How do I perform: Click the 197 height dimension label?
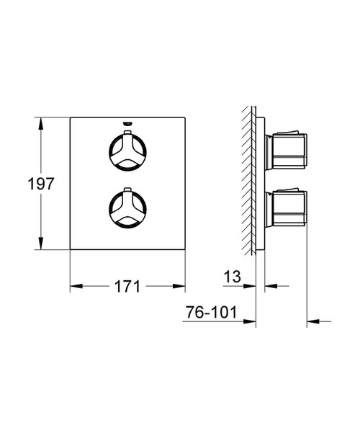click(x=41, y=184)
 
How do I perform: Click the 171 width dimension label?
click(x=127, y=286)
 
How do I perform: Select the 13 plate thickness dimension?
click(x=232, y=277)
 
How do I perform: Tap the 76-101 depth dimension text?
click(x=211, y=312)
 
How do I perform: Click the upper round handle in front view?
click(x=127, y=151)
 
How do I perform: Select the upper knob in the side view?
click(x=286, y=151)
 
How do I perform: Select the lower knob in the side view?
click(x=286, y=207)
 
